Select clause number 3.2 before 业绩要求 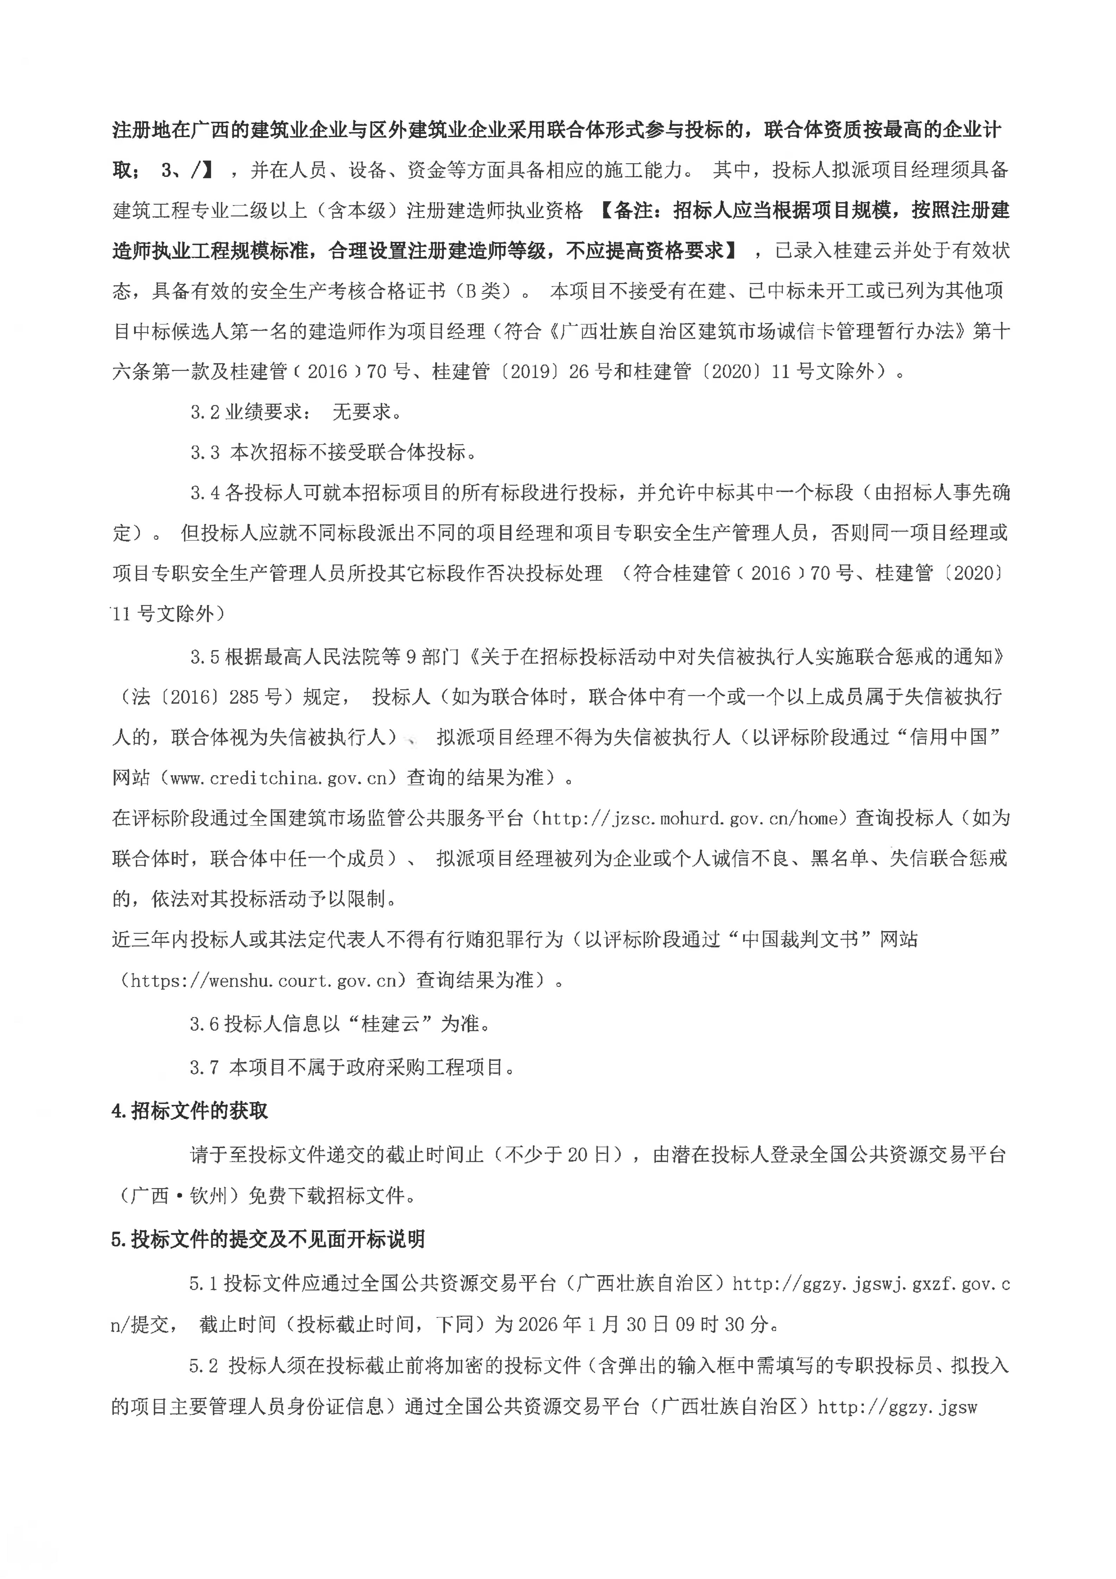click(205, 412)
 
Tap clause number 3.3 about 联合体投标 click(205, 452)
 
